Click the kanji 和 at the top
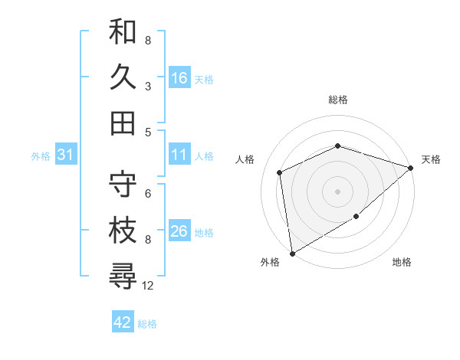123,31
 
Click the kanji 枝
123,230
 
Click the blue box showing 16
179,78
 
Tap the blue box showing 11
179,155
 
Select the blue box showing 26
179,231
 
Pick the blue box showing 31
66,155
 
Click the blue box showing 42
123,322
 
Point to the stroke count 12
148,286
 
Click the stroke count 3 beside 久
148,87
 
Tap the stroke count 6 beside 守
148,193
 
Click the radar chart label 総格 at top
338,100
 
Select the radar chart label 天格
431,159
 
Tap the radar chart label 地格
402,263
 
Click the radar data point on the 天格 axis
411,168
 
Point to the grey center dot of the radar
338,191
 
